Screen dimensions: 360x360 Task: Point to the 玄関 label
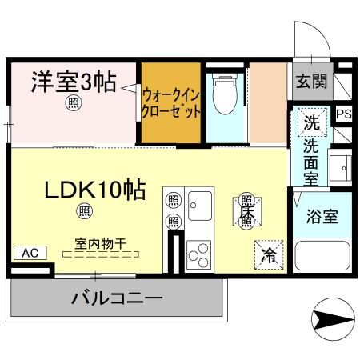coord(311,80)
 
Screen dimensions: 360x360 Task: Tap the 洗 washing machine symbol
coord(310,122)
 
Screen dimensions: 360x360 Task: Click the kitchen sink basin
coord(199,206)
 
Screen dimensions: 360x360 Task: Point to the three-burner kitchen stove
coord(198,254)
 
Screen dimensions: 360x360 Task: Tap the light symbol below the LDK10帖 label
coord(83,211)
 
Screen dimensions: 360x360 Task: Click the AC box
coord(30,253)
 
